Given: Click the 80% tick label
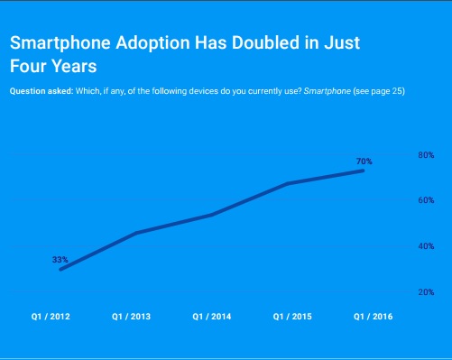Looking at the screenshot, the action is (426, 155).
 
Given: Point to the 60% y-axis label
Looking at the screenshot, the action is (426, 200).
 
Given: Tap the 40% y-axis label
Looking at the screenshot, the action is (426, 246).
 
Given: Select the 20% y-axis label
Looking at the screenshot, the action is (426, 292).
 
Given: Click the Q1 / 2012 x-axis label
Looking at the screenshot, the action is (51, 317).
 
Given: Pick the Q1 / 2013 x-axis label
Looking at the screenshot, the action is (131, 317).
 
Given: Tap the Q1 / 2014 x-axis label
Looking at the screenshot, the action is (212, 317).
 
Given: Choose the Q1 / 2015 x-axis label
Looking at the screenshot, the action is (292, 317).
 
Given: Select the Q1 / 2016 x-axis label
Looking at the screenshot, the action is (373, 317).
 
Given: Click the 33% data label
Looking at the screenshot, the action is (60, 260).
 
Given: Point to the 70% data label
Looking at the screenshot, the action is (364, 162).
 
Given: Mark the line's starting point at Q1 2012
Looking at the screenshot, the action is (61, 269).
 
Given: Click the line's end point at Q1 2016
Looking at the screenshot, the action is (363, 171).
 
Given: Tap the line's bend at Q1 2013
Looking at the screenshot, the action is (136, 233).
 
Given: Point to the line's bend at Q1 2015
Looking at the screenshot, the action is (288, 183).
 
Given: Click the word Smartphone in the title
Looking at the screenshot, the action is (60, 43).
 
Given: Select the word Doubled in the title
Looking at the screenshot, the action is (265, 42).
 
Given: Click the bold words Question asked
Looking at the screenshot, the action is (42, 91).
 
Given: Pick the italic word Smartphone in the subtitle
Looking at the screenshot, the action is (327, 91).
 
